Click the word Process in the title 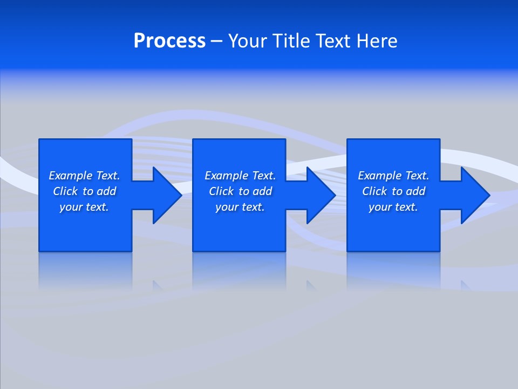(169, 41)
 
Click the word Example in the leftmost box (71, 176)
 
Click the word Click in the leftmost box (65, 191)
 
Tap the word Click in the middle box (221, 191)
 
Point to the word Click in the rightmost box (374, 191)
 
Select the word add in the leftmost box (107, 191)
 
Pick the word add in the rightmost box (416, 191)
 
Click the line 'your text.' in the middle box (240, 207)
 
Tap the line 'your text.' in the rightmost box (393, 207)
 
